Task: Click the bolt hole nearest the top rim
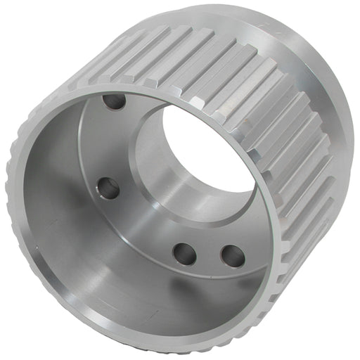114,103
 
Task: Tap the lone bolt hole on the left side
108,187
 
